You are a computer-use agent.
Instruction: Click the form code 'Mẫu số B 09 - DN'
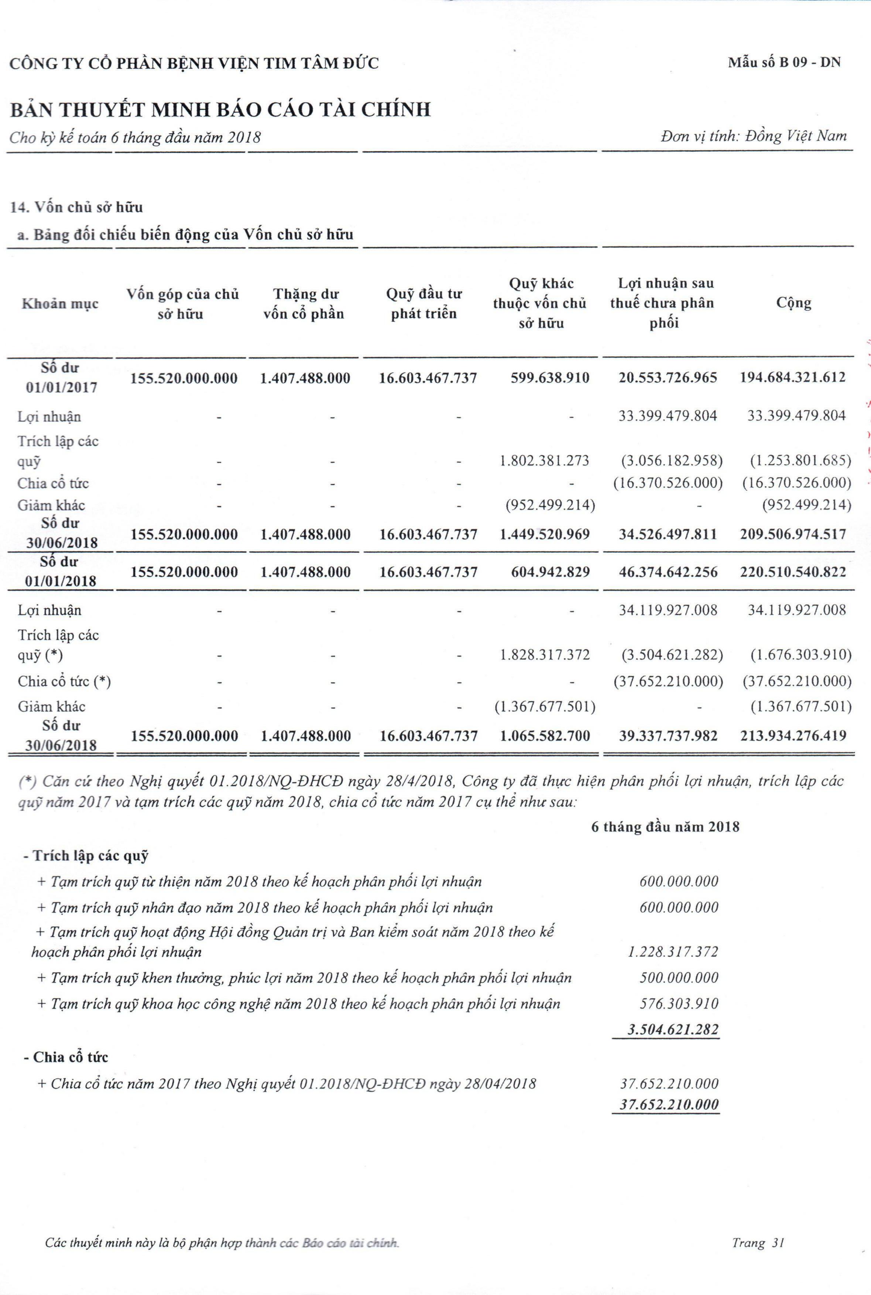point(784,62)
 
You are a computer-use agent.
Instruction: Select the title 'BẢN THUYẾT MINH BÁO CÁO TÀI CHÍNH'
point(220,109)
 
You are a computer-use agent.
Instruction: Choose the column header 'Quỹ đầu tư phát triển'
point(424,303)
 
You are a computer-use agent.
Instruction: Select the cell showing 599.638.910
point(549,378)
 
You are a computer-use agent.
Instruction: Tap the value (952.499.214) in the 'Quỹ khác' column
point(550,505)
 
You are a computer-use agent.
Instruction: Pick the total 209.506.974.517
point(793,535)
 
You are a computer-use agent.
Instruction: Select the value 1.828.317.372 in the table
point(544,655)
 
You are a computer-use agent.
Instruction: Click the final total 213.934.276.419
point(793,736)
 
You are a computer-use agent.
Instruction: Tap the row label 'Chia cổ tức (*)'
point(65,681)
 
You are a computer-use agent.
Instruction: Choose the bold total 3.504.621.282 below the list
point(673,1029)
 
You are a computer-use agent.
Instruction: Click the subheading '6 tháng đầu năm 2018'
point(665,827)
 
